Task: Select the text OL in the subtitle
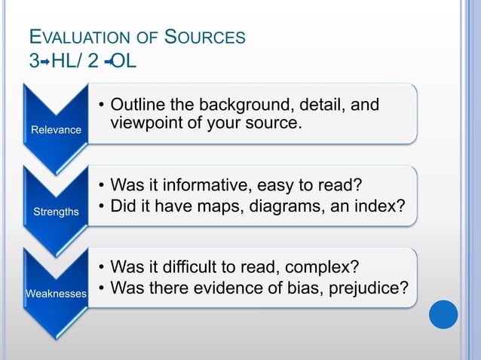(124, 60)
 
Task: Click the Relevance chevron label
(56, 130)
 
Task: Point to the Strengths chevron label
(56, 212)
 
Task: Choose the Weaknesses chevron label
(56, 293)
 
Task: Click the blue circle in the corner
(443, 314)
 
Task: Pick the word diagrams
(284, 205)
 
